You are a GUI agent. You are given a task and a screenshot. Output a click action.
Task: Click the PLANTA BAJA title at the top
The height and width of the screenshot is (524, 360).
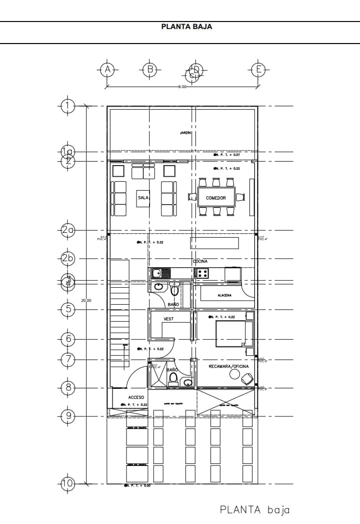coord(186,27)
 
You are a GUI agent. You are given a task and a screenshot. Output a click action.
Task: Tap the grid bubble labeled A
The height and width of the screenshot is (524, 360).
coord(106,70)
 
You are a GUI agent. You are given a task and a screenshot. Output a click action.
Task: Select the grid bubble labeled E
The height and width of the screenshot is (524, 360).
coord(258,70)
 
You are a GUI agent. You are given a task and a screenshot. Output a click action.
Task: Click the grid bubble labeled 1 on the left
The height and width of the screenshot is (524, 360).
coord(67,106)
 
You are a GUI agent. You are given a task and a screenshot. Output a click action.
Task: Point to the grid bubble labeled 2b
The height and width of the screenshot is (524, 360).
coord(67,258)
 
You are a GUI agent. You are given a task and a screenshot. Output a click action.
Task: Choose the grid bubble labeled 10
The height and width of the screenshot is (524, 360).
coord(67,483)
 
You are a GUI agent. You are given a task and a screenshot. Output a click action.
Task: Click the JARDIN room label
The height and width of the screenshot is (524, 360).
coord(186,133)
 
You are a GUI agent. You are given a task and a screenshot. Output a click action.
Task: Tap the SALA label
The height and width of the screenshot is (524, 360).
coord(143,198)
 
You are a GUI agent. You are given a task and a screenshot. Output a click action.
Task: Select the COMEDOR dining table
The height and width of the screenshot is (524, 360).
coord(215,198)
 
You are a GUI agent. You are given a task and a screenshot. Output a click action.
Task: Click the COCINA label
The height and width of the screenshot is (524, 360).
coord(200,261)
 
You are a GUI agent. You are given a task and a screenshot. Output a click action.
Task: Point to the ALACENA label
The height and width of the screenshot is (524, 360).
coord(224,295)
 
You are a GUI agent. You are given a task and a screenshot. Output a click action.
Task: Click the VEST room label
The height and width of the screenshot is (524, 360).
coord(168,319)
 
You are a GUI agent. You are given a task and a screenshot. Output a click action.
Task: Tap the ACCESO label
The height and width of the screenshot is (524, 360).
coord(136,397)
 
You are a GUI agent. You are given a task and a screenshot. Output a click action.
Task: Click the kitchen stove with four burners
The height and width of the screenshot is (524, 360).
coord(201,273)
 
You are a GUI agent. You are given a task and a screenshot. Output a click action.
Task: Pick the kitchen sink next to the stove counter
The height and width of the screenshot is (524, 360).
coord(160,273)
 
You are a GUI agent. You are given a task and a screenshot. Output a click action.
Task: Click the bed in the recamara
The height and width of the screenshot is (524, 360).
coord(233,334)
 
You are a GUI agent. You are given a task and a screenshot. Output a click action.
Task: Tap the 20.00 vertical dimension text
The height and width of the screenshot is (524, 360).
coord(86,300)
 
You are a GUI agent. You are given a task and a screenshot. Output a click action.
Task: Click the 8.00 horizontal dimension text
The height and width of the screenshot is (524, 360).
coord(182,87)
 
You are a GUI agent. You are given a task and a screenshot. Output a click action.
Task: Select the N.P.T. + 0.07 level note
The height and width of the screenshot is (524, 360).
coord(227,155)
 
